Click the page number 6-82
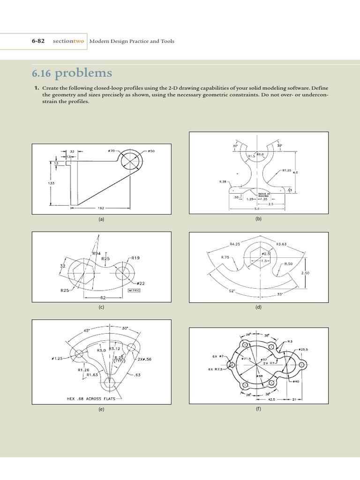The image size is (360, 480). click(38, 41)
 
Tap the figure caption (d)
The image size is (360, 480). click(258, 308)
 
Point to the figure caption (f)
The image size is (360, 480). click(258, 409)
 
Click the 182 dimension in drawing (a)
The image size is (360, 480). click(100, 207)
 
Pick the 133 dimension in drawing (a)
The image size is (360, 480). click(52, 183)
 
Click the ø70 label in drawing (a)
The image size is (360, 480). click(112, 151)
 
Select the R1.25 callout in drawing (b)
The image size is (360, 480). click(287, 171)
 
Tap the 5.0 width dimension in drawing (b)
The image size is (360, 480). click(256, 209)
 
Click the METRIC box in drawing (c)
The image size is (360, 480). click(135, 291)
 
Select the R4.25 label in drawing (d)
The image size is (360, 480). click(235, 244)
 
